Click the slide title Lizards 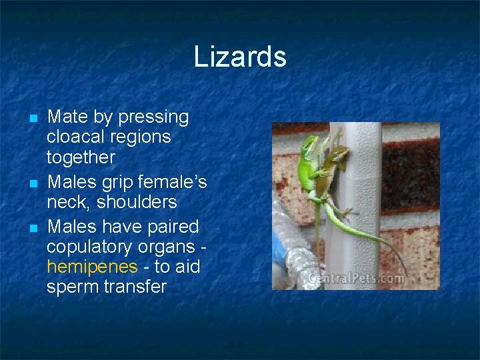click(x=240, y=57)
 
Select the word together click(x=81, y=158)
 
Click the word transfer click(x=137, y=287)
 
